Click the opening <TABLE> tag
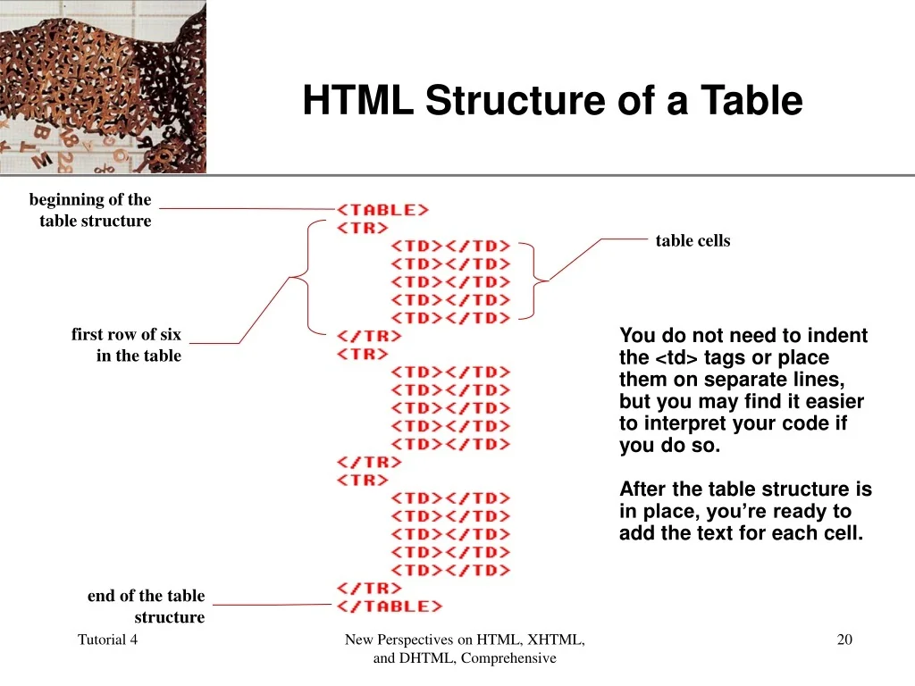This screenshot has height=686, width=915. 382,209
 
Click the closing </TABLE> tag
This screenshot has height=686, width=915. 390,607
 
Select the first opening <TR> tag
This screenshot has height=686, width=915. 363,228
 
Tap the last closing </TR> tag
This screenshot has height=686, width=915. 369,588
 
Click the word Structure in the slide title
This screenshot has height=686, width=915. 516,100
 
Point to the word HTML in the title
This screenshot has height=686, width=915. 357,100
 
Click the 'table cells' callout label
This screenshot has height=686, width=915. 693,240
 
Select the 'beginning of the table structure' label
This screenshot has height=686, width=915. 91,210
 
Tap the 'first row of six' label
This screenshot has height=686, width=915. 126,334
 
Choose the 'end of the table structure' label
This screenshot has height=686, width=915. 147,607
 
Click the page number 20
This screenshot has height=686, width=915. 844,640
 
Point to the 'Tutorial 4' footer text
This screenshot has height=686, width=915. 107,640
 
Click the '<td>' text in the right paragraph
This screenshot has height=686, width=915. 677,357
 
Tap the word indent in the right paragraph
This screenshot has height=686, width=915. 838,336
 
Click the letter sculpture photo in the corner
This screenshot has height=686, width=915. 103,87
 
